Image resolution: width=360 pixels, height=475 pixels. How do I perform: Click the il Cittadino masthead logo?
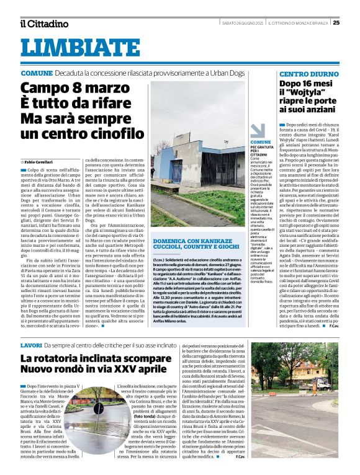click(x=43, y=24)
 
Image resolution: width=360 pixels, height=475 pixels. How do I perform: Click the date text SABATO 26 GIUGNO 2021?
click(x=241, y=23)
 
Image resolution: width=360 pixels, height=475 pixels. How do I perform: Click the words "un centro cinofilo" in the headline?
click(x=74, y=133)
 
